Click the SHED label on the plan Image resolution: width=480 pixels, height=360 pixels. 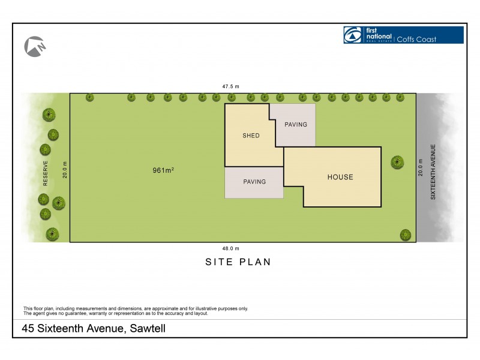[251, 136]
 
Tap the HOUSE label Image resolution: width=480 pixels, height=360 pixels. [340, 177]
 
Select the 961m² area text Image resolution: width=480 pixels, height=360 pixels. [163, 170]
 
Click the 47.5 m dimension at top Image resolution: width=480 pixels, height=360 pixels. [231, 87]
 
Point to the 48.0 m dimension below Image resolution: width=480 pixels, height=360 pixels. [231, 248]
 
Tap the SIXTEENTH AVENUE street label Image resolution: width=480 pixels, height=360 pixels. [432, 172]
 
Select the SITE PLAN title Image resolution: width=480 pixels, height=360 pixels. [238, 262]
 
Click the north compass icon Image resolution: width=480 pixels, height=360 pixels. [35, 47]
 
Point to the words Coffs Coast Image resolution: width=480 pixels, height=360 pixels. [419, 40]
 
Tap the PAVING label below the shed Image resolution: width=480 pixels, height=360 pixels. [254, 181]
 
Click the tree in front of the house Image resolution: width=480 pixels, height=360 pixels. [397, 161]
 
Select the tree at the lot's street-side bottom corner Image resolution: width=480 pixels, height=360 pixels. [406, 234]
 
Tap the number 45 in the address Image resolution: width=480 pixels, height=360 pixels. [28, 329]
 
